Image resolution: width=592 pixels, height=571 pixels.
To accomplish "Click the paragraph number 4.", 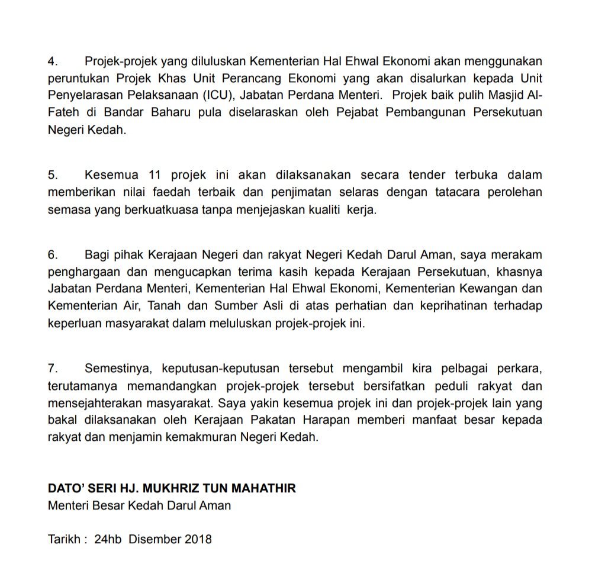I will pyautogui.click(x=52, y=61).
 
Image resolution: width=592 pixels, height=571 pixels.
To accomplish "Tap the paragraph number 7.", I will pyautogui.click(x=52, y=368).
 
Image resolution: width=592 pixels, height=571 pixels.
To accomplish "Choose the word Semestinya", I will pyautogui.click(x=116, y=368).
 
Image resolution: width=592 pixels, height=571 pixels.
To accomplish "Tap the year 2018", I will pyautogui.click(x=198, y=540).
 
